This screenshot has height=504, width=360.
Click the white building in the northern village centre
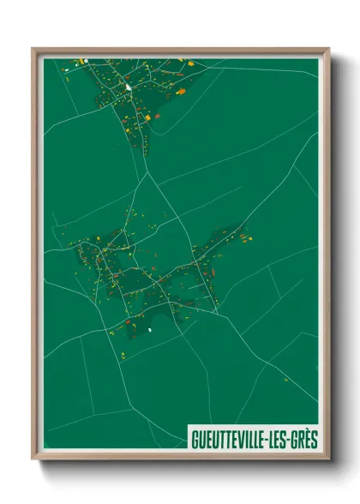point(128,87)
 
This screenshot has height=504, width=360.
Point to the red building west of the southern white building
point(129,322)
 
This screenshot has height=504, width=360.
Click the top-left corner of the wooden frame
point(33,50)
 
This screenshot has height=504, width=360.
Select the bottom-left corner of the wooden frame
point(33,459)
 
